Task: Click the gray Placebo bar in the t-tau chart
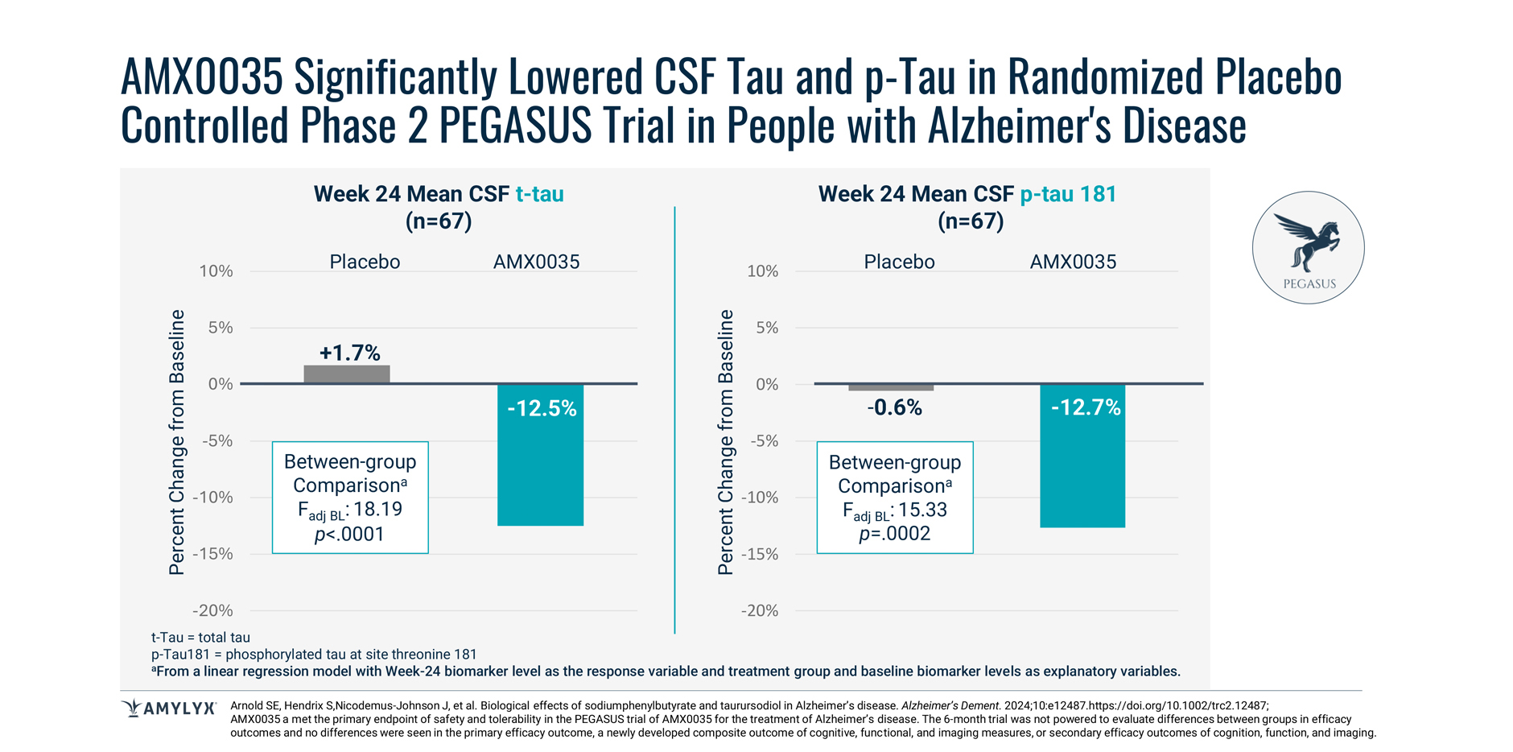pyautogui.click(x=347, y=374)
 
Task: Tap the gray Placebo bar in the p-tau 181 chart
pyautogui.click(x=891, y=387)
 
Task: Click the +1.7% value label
pyautogui.click(x=349, y=353)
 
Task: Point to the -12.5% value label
pyautogui.click(x=542, y=409)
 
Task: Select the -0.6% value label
pyautogui.click(x=894, y=407)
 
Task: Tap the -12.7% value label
pyautogui.click(x=1086, y=407)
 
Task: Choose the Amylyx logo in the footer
pyautogui.click(x=169, y=709)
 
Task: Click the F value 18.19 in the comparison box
pyautogui.click(x=377, y=510)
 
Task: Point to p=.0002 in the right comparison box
pyautogui.click(x=894, y=534)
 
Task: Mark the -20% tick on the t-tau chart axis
pyautogui.click(x=212, y=610)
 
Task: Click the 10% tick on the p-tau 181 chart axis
pyautogui.click(x=762, y=271)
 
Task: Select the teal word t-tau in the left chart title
pyautogui.click(x=539, y=194)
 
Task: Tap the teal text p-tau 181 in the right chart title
pyautogui.click(x=1068, y=194)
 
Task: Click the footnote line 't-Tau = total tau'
pyautogui.click(x=200, y=638)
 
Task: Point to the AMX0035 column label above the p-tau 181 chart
pyautogui.click(x=1073, y=262)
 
